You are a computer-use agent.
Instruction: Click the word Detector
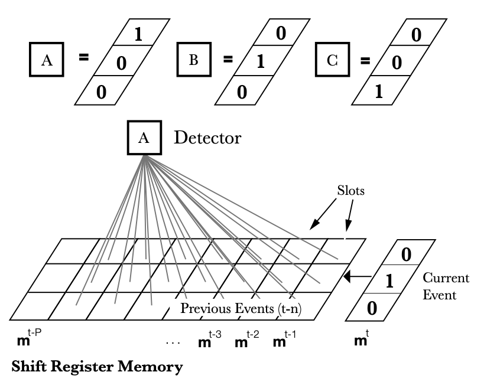click(207, 139)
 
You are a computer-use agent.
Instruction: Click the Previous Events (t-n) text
click(247, 308)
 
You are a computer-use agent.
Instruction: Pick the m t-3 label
click(211, 340)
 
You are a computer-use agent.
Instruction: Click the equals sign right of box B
click(226, 59)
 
